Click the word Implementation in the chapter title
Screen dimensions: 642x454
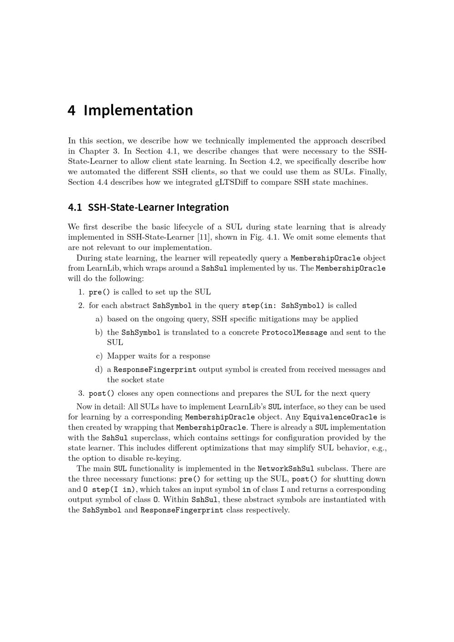coord(138,110)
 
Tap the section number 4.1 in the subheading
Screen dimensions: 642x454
coord(75,207)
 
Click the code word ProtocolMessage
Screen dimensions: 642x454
coord(294,332)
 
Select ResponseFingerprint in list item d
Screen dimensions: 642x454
coord(155,370)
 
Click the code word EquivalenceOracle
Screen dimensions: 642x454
coord(340,417)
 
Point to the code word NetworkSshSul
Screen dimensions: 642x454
coord(286,469)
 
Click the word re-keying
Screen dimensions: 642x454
coord(162,458)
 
